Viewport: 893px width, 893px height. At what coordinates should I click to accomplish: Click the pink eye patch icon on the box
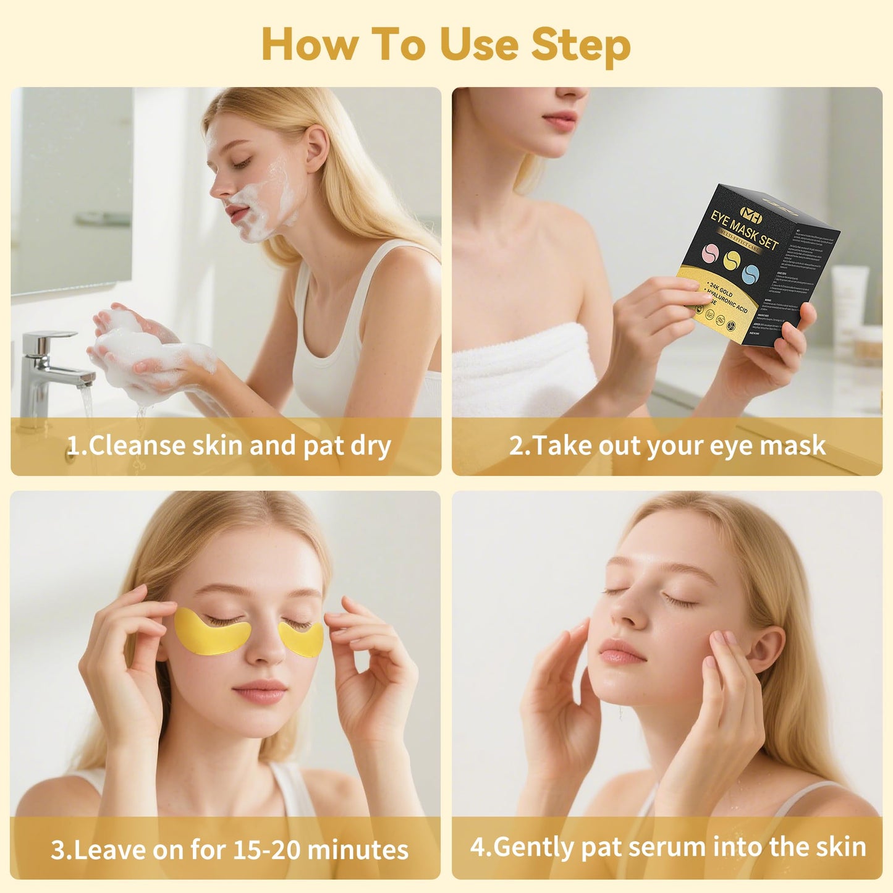coord(712,253)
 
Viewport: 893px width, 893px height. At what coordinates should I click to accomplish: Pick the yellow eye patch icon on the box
coord(732,260)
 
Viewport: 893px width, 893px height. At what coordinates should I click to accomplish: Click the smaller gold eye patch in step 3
coord(302,639)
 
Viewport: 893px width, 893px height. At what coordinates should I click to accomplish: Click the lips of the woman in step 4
coord(622,652)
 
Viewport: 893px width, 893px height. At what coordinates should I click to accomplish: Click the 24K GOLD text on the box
coord(721,289)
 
